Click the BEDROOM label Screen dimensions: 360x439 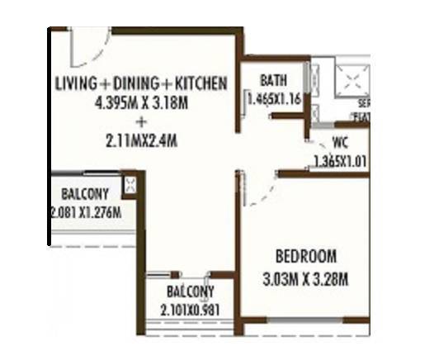pyautogui.click(x=306, y=255)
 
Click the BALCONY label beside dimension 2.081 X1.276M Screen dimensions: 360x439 pyautogui.click(x=84, y=196)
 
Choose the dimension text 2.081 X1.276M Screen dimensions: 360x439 pyautogui.click(x=85, y=213)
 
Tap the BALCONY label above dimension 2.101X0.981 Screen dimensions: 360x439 pyautogui.click(x=190, y=291)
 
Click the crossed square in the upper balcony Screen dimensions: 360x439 pyautogui.click(x=129, y=185)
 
